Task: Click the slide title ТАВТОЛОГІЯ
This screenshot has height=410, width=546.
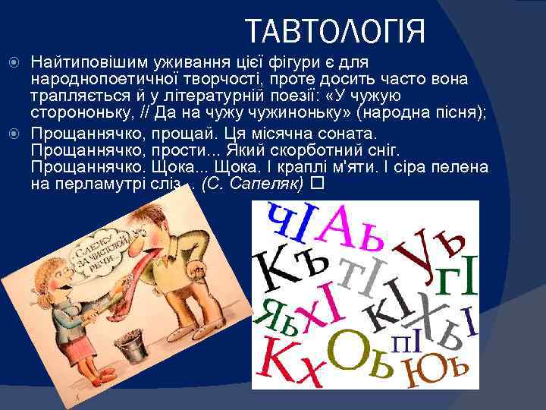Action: pyautogui.click(x=336, y=32)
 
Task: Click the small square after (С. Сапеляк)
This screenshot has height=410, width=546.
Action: pyautogui.click(x=317, y=184)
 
